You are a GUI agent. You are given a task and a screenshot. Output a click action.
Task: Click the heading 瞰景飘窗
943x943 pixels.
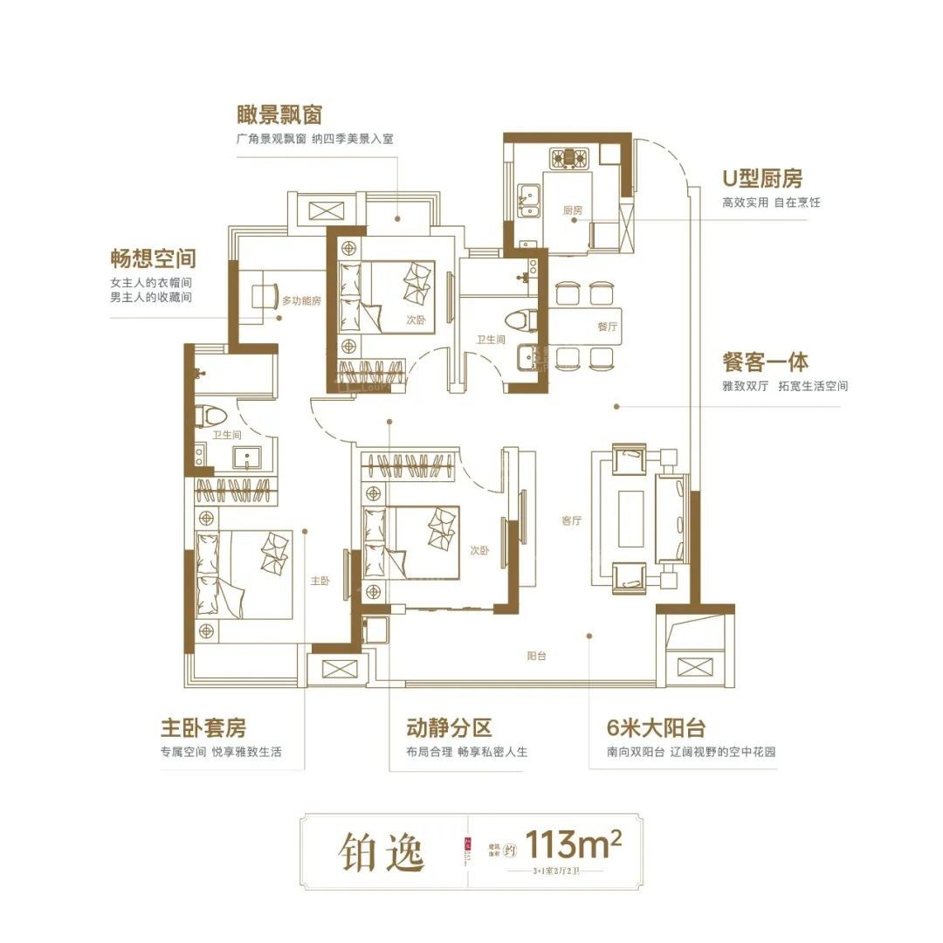click(x=280, y=115)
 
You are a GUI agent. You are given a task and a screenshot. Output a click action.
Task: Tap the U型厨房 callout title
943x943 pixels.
click(x=761, y=179)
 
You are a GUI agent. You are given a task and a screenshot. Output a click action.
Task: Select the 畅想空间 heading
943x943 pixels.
click(x=153, y=258)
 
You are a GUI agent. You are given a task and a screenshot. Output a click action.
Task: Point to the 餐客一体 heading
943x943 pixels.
click(x=765, y=361)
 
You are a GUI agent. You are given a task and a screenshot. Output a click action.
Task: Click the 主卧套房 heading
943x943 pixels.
click(x=203, y=727)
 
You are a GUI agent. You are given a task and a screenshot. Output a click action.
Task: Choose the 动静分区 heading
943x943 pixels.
click(x=450, y=727)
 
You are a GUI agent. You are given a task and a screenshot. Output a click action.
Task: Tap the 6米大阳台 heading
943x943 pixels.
click(x=656, y=727)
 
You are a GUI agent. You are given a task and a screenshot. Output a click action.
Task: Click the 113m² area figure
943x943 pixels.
click(x=576, y=844)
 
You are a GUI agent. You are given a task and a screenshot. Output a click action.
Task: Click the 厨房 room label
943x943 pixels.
click(x=572, y=210)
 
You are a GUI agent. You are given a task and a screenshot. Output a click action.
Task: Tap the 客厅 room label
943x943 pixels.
click(x=572, y=520)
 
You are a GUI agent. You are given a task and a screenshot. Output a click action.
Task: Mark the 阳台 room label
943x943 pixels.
click(x=536, y=655)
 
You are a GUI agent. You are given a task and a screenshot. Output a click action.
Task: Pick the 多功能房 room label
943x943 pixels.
click(x=301, y=301)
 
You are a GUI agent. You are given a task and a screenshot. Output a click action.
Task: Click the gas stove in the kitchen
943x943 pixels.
click(x=568, y=158)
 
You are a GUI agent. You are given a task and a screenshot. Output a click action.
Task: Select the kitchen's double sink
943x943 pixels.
click(x=527, y=200)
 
